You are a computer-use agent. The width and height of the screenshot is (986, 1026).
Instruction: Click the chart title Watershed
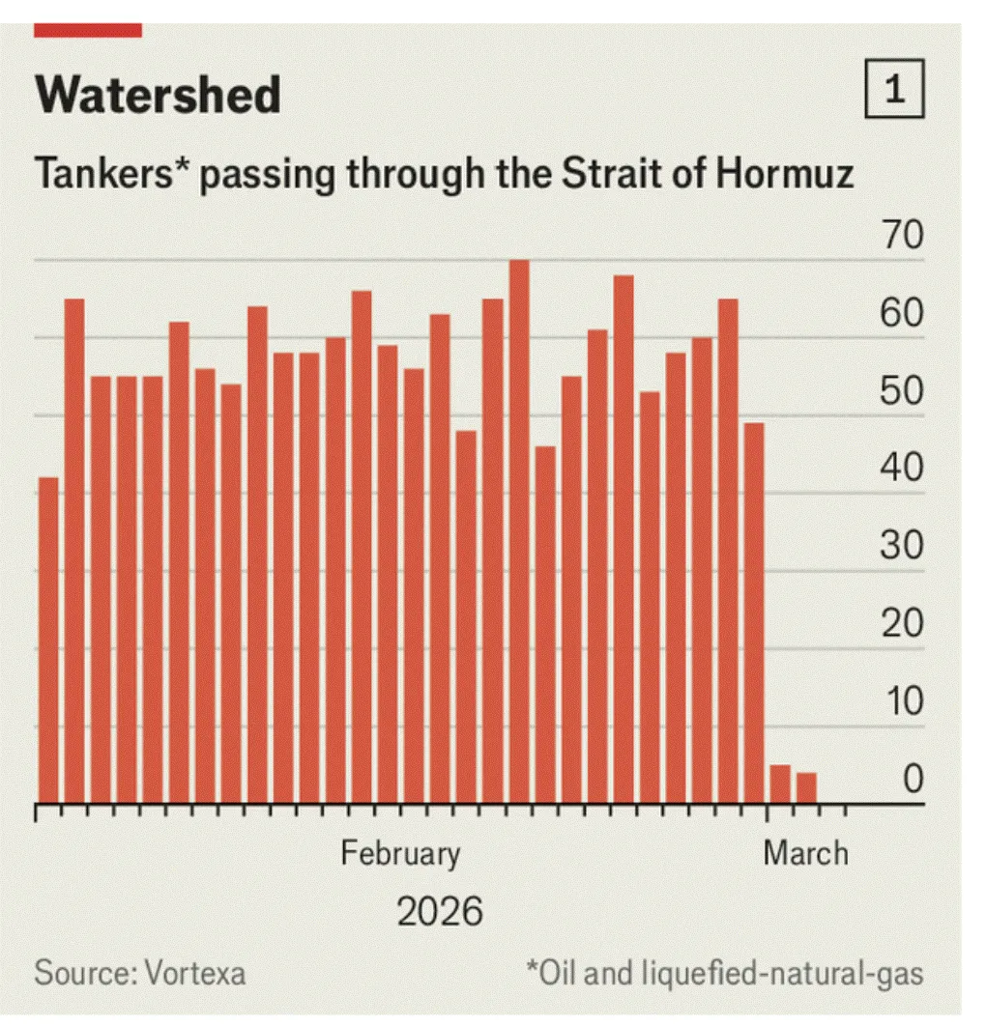(158, 95)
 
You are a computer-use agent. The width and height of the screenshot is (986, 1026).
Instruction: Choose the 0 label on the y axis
(913, 781)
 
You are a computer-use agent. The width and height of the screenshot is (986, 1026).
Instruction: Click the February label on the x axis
(400, 854)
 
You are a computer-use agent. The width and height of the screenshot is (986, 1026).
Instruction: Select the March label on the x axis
(805, 854)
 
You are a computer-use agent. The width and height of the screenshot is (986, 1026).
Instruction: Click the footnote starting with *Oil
(724, 973)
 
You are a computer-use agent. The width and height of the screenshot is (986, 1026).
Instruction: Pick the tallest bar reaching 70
(519, 531)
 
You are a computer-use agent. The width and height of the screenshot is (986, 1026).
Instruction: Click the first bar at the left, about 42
(48, 640)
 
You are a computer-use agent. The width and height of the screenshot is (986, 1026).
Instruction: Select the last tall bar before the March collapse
(754, 613)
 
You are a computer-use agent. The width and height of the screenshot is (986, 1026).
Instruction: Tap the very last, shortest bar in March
(806, 788)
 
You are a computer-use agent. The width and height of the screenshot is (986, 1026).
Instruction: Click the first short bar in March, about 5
(780, 784)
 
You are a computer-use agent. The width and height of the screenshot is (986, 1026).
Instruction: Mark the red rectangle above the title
(88, 31)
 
